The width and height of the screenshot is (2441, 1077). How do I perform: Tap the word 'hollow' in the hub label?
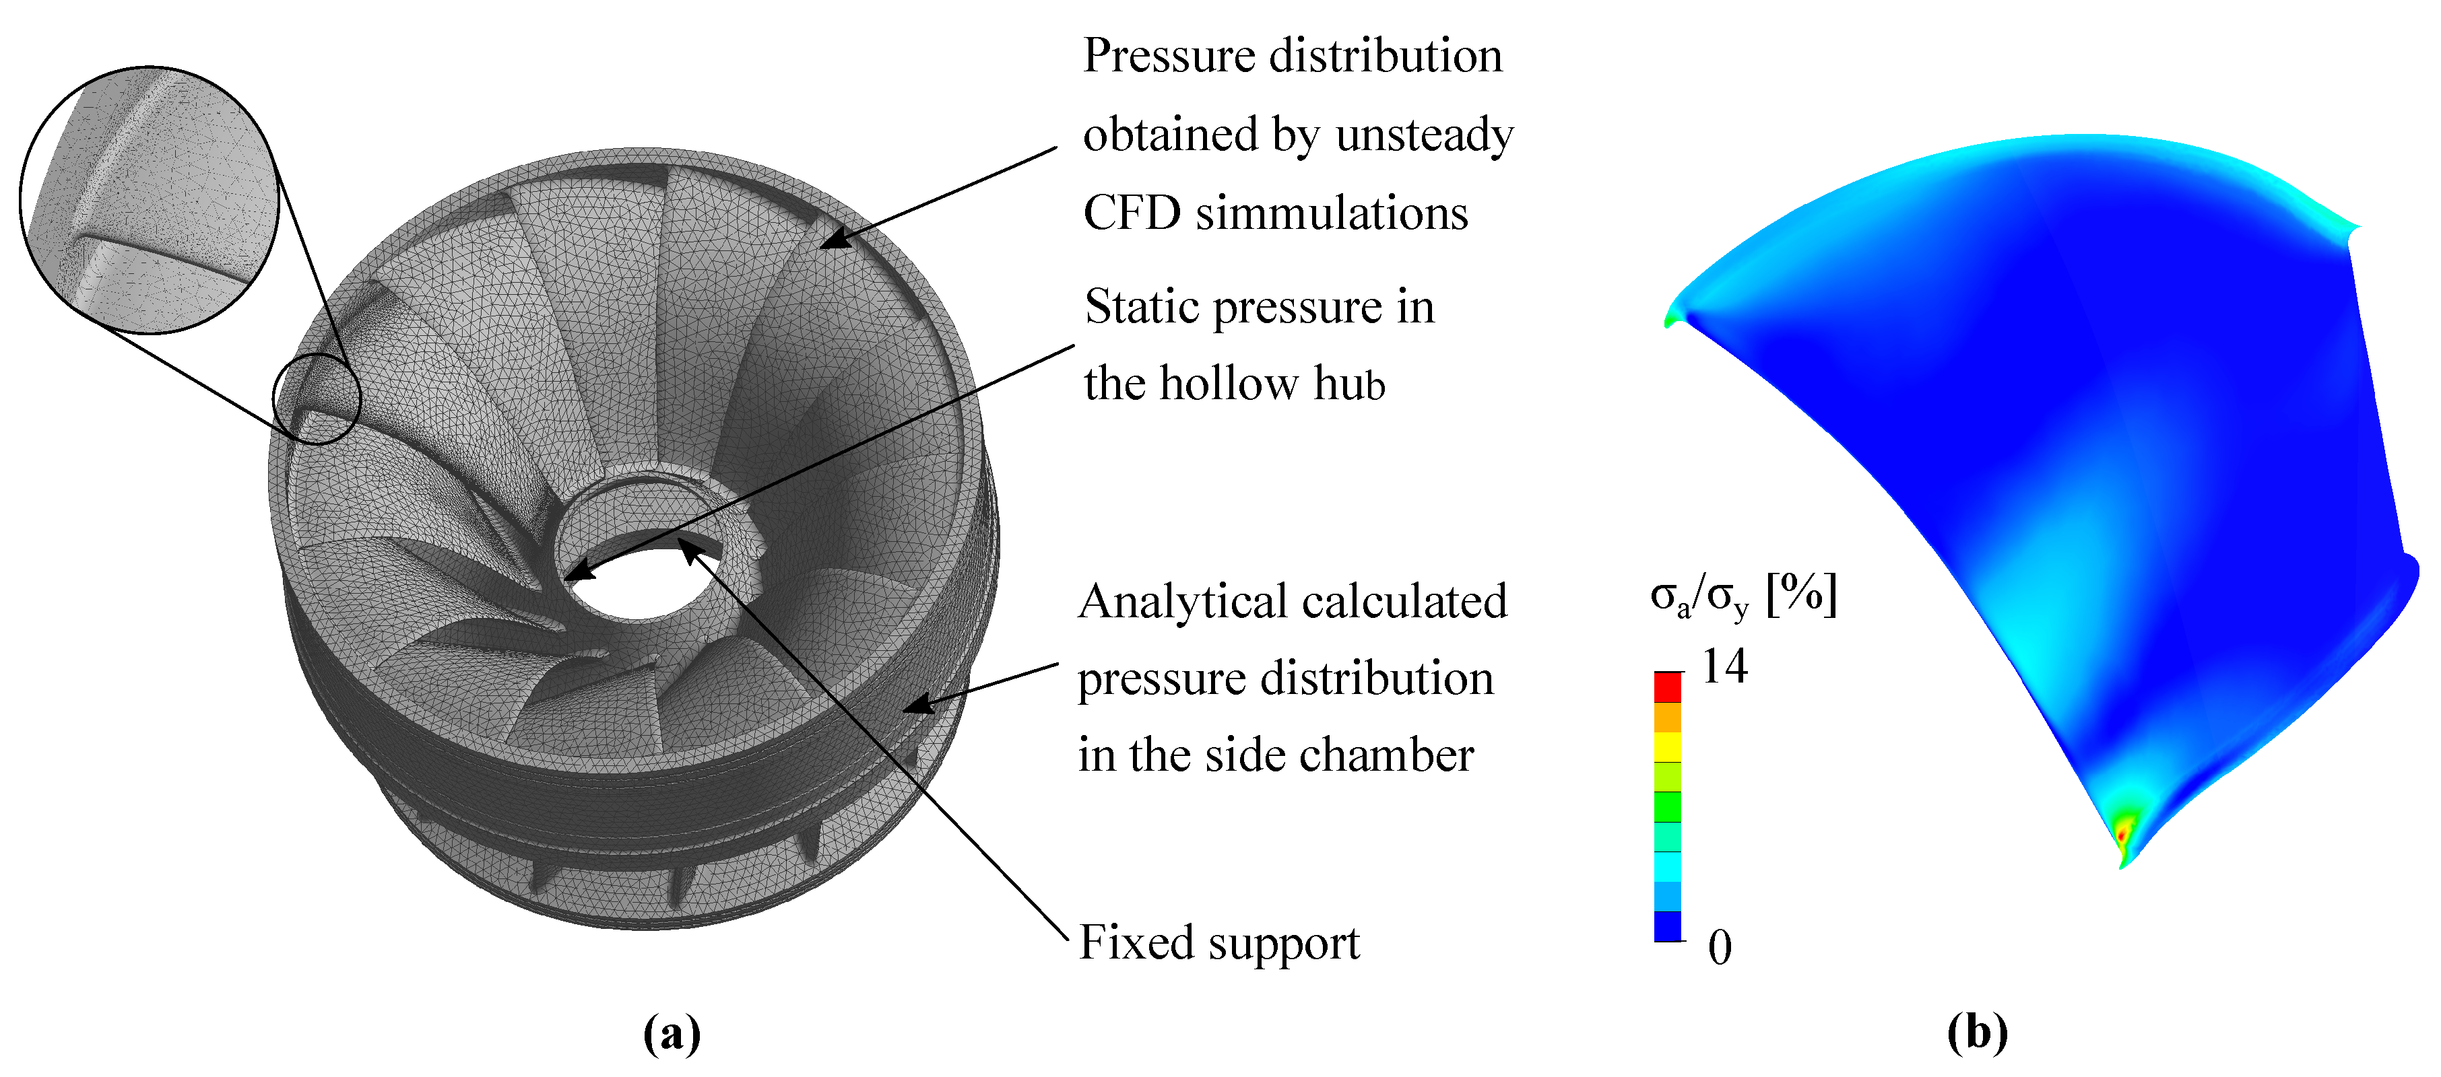click(1229, 384)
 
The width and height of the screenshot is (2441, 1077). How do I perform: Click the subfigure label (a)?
click(672, 1033)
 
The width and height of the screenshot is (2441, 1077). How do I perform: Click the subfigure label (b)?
click(1978, 1033)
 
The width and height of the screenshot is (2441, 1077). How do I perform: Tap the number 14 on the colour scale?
click(1724, 667)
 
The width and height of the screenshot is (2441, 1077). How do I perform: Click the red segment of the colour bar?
click(1668, 687)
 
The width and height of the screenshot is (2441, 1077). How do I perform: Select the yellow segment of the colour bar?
click(1668, 746)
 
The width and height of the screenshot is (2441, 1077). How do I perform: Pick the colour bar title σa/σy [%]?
click(1744, 597)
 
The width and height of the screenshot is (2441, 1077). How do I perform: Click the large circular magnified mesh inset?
click(149, 200)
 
